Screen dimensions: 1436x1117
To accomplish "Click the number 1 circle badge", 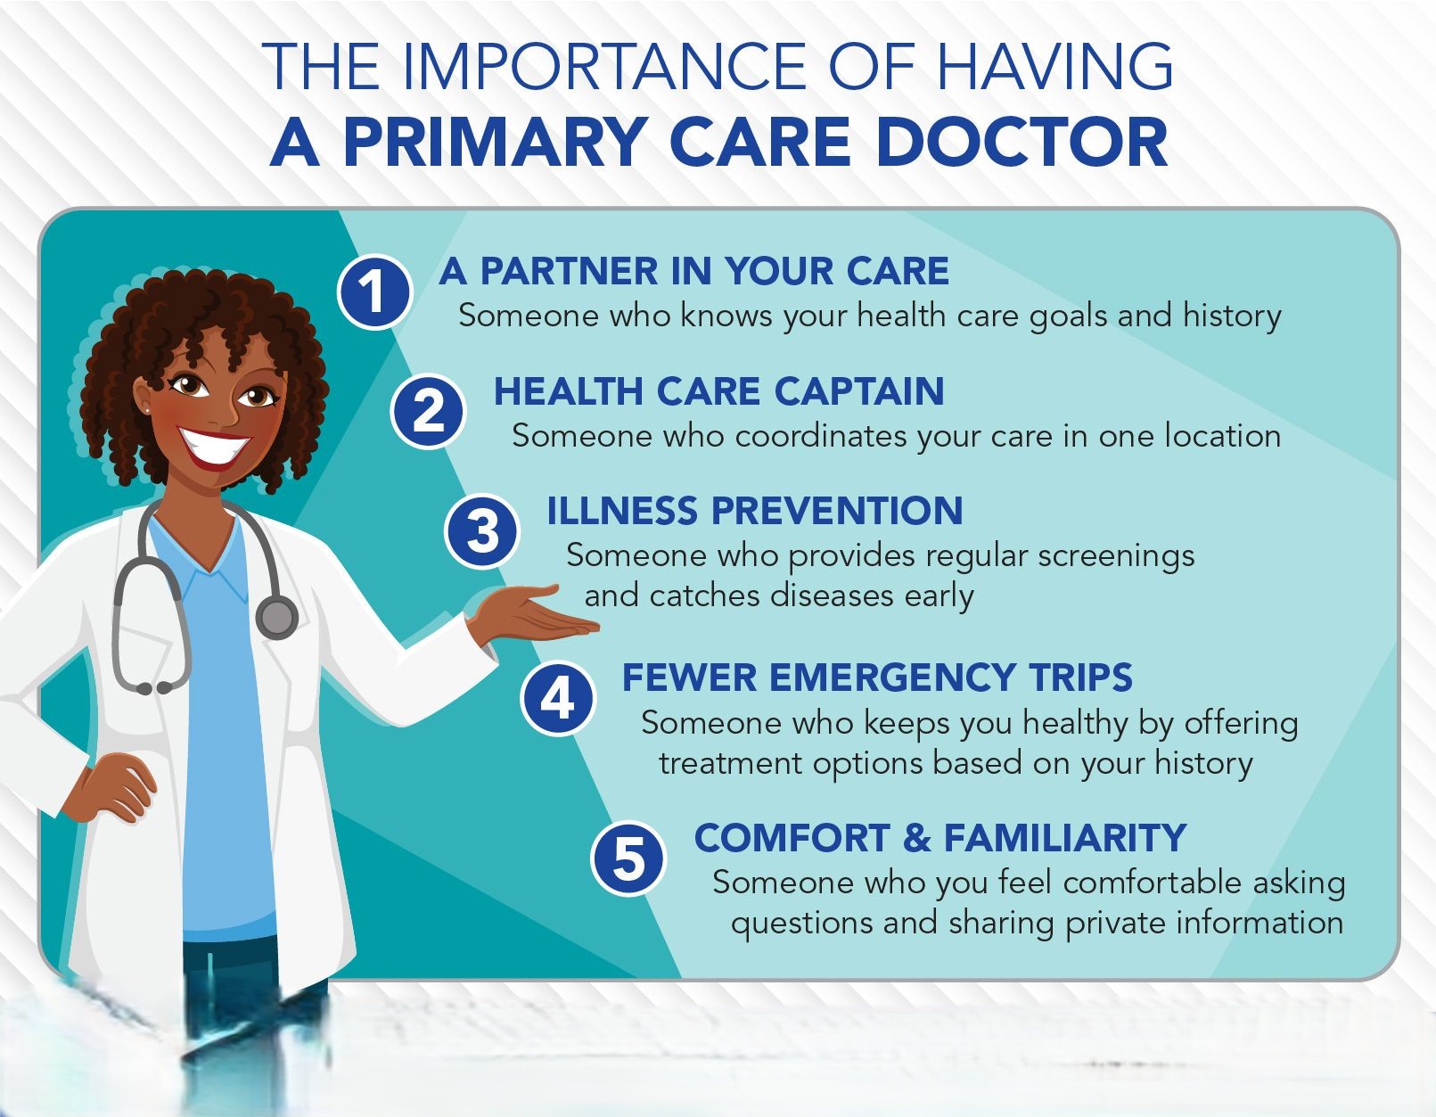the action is (x=374, y=292).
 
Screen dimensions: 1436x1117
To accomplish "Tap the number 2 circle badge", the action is (x=428, y=411).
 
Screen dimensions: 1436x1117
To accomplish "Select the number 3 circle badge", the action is (x=481, y=530).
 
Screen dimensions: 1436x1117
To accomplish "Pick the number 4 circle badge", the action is (x=557, y=699).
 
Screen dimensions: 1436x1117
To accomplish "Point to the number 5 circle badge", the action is (x=628, y=858).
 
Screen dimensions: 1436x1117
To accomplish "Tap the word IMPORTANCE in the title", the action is (x=603, y=66).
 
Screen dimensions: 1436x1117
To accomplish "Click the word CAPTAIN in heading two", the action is (x=859, y=390).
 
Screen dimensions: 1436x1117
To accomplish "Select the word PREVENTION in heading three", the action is (x=837, y=510).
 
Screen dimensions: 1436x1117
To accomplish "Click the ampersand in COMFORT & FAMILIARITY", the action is (x=916, y=837).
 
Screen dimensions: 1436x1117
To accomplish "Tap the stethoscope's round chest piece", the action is (x=276, y=617).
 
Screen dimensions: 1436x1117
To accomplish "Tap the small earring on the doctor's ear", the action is (x=145, y=410).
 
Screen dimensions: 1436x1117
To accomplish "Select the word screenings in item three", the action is (x=1116, y=556).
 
